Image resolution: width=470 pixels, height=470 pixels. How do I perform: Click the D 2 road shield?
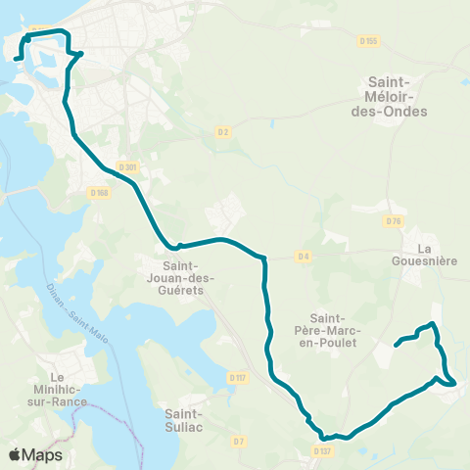[x=223, y=131]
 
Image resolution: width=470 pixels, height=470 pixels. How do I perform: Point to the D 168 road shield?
[x=99, y=193]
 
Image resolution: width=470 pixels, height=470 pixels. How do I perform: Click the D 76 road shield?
[x=395, y=221]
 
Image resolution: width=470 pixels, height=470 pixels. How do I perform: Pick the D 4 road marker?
[x=304, y=257]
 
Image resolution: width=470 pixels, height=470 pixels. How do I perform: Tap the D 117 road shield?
[x=237, y=377]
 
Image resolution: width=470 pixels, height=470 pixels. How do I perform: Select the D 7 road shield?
[x=239, y=442]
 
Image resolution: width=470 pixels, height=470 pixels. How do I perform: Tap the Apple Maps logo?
[x=34, y=454]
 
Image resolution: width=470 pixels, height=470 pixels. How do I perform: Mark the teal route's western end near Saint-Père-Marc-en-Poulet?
[x=397, y=344]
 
